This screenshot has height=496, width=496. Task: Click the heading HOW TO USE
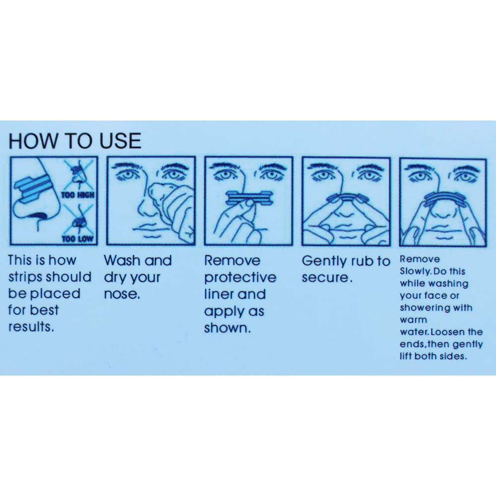[x=75, y=141]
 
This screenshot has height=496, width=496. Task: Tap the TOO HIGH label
[x=77, y=195]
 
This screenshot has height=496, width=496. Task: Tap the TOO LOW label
[x=77, y=239]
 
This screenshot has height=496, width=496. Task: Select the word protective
[x=240, y=277]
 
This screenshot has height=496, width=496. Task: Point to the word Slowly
[x=413, y=272]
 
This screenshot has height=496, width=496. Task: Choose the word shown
[x=226, y=328]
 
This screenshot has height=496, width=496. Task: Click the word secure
[x=325, y=278]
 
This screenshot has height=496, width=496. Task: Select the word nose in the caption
[x=121, y=294]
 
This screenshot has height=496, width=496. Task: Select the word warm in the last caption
[x=413, y=320]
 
